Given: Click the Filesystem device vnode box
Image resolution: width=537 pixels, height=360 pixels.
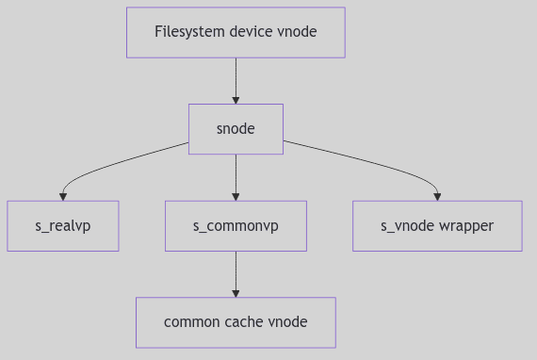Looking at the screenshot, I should [x=236, y=32].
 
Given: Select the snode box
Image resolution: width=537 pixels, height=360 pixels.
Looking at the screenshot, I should [x=236, y=129].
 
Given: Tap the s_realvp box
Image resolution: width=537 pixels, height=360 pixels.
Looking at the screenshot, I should [x=63, y=226].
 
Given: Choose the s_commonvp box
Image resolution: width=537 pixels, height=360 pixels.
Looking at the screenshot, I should [x=236, y=226].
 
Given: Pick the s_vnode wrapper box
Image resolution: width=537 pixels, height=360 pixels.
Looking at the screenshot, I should [x=437, y=226].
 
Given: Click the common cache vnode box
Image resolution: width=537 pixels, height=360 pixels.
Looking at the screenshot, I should [x=236, y=322].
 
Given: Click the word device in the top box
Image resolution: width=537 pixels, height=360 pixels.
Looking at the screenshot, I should [x=249, y=32].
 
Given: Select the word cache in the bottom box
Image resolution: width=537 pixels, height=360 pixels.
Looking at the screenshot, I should [x=239, y=322].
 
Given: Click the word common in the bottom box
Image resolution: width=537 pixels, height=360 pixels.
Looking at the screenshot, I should [x=191, y=322].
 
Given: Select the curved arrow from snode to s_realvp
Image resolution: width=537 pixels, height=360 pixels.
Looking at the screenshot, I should [x=113, y=162].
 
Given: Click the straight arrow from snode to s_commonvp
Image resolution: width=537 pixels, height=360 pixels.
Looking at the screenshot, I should [x=236, y=174].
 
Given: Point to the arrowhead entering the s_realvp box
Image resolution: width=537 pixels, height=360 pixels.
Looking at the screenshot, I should [x=63, y=196].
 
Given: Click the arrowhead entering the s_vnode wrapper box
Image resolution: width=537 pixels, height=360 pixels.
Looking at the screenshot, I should [x=437, y=196].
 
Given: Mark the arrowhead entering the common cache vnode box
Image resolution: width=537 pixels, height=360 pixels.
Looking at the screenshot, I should [x=236, y=293].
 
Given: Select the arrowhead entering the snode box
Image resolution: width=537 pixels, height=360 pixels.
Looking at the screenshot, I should [x=236, y=99].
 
